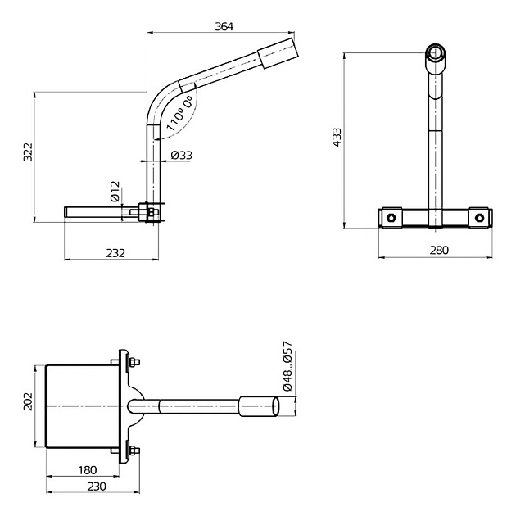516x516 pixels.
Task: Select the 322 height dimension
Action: pos(27,152)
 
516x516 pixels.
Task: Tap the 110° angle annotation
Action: pos(180,113)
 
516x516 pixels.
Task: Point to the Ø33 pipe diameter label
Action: pos(181,155)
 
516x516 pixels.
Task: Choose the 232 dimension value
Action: pos(115,253)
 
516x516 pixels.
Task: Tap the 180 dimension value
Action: pos(88,470)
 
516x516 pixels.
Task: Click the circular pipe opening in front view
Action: pos(436,57)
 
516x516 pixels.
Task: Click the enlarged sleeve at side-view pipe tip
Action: pos(277,52)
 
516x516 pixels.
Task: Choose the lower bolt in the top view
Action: pos(131,449)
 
